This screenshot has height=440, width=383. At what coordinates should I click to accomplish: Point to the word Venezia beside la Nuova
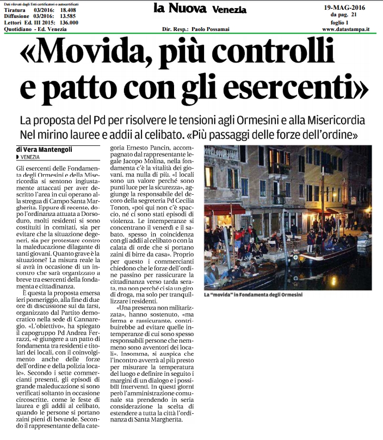229,10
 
